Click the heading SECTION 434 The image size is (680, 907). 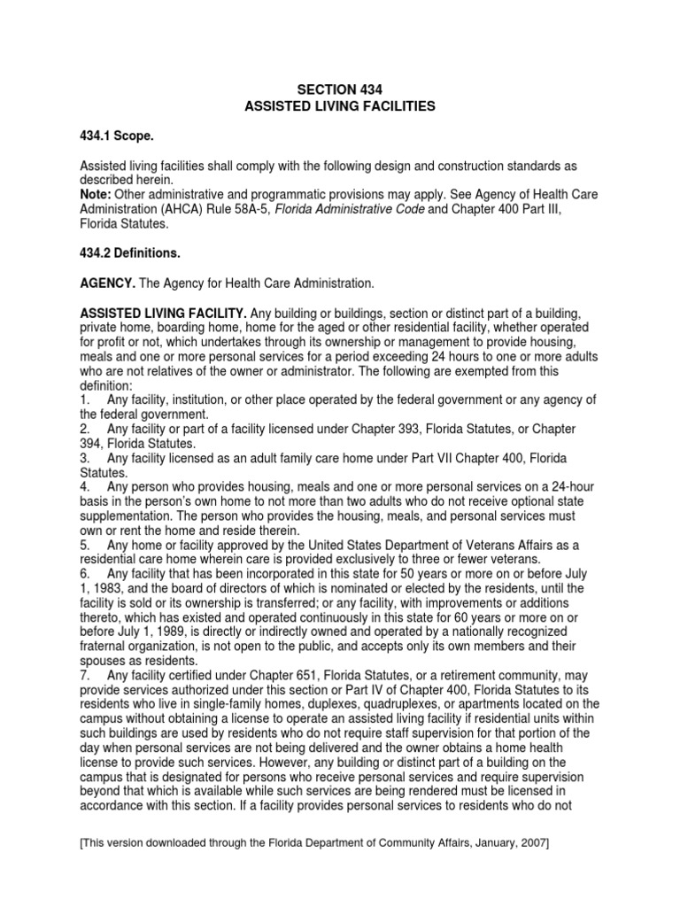click(340, 89)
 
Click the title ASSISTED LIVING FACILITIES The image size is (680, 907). click(340, 105)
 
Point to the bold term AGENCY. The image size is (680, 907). click(109, 283)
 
